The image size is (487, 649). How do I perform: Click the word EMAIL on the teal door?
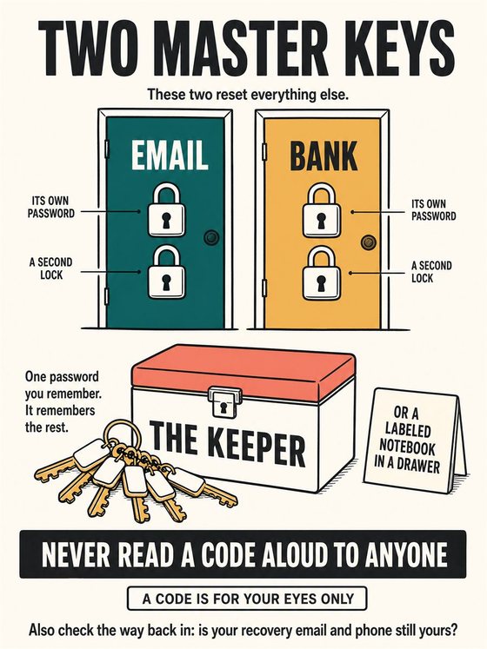(x=170, y=155)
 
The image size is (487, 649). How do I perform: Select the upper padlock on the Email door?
(x=167, y=210)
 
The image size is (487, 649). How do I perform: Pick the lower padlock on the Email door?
(x=167, y=272)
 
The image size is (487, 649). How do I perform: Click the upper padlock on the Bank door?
(x=322, y=211)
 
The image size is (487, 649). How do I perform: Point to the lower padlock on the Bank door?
(x=322, y=273)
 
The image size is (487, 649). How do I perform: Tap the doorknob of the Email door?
(x=211, y=237)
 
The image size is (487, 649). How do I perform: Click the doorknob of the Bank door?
(x=368, y=242)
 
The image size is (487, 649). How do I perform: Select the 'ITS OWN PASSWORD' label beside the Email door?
(x=51, y=208)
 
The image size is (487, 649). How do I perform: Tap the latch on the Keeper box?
(x=224, y=401)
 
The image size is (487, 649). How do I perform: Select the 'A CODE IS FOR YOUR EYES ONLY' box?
(x=248, y=599)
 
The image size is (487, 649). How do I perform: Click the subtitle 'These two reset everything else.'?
(x=248, y=95)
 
